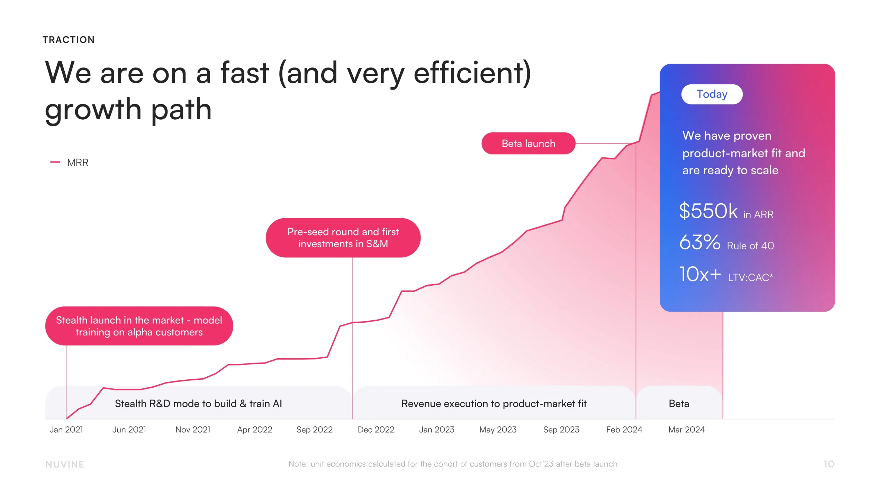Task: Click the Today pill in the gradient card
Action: pos(712,94)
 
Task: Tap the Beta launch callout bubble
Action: pos(528,143)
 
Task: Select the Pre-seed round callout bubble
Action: pos(343,238)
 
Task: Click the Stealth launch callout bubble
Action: pos(139,326)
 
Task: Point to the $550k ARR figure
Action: pos(708,211)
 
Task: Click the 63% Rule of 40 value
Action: pos(700,242)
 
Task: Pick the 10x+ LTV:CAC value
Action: pos(700,274)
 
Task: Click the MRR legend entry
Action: pos(77,163)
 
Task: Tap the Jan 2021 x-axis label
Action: pos(66,430)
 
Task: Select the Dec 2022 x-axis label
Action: pos(376,430)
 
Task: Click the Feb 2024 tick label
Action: pos(624,430)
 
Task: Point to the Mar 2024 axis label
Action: pos(686,430)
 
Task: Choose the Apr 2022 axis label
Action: pos(254,430)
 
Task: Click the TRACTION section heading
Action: pos(69,40)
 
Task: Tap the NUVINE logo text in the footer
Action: pos(65,464)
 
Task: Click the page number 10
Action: pos(829,464)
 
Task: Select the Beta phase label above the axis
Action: pos(679,404)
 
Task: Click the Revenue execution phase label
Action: pos(494,404)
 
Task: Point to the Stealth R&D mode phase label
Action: pos(198,404)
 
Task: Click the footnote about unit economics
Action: pos(453,464)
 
